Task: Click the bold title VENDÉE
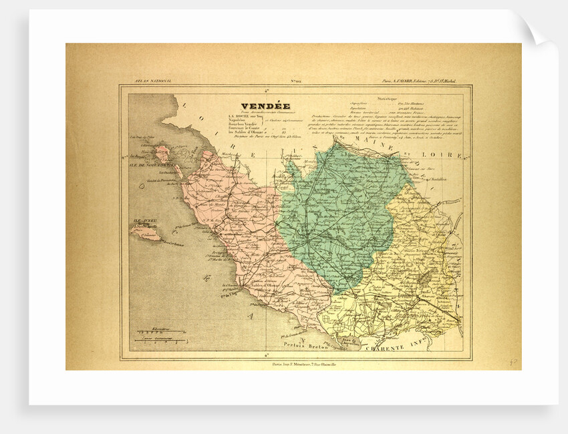coord(266,106)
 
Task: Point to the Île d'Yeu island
coord(145,232)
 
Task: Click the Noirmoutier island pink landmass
coord(162,154)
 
